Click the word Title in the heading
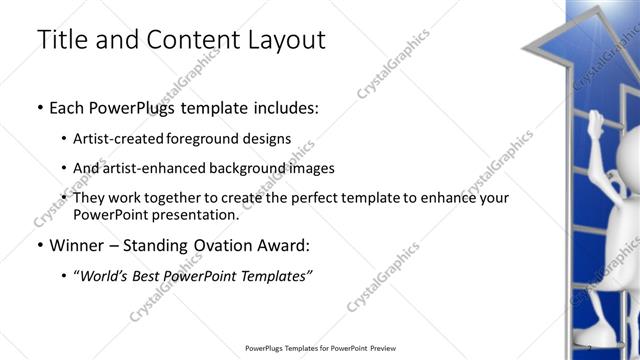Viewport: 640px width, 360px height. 62,40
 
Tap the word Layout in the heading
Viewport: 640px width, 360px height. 284,40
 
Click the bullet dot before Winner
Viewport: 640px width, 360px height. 39,245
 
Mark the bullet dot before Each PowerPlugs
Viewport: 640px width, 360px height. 39,107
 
